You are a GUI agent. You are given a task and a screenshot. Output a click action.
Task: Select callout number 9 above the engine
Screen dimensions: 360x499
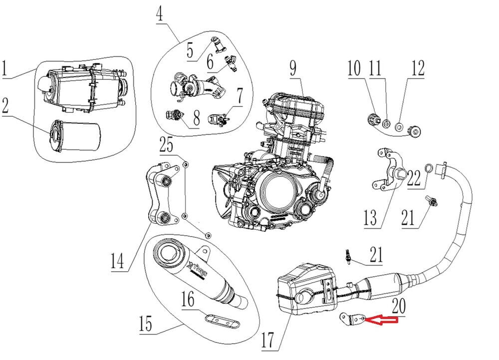[x=292, y=69]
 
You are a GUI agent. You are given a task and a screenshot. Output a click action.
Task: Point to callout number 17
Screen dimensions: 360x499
[x=268, y=340]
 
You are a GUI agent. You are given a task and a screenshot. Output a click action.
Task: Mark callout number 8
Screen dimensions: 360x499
[x=196, y=119]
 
